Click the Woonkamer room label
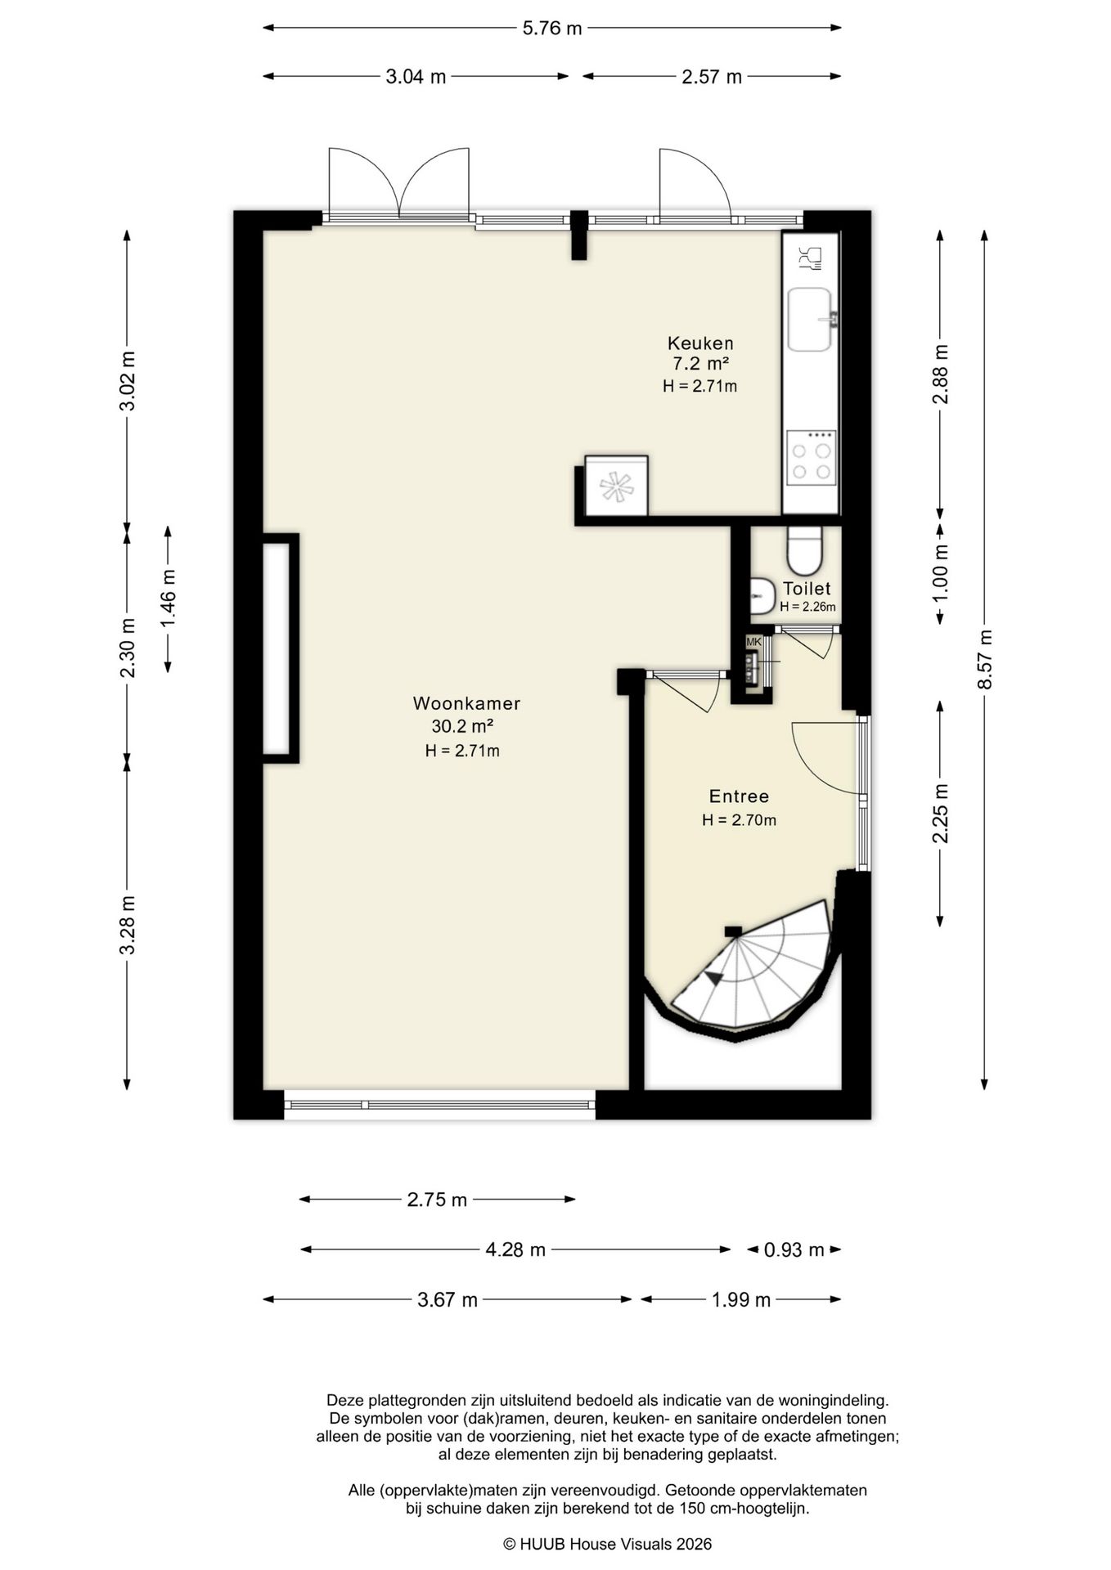point(466,703)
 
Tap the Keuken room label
point(700,343)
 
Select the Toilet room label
point(807,589)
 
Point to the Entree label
point(739,796)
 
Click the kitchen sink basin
point(810,319)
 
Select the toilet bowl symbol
point(804,551)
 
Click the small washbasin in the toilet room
point(762,596)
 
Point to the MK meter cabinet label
point(753,642)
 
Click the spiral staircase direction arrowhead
point(713,976)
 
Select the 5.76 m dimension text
point(552,29)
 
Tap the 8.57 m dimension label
point(985,660)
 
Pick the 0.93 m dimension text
point(794,1249)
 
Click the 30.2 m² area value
point(462,726)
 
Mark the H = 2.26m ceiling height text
point(807,607)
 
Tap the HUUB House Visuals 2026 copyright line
point(607,1544)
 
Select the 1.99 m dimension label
point(741,1300)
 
